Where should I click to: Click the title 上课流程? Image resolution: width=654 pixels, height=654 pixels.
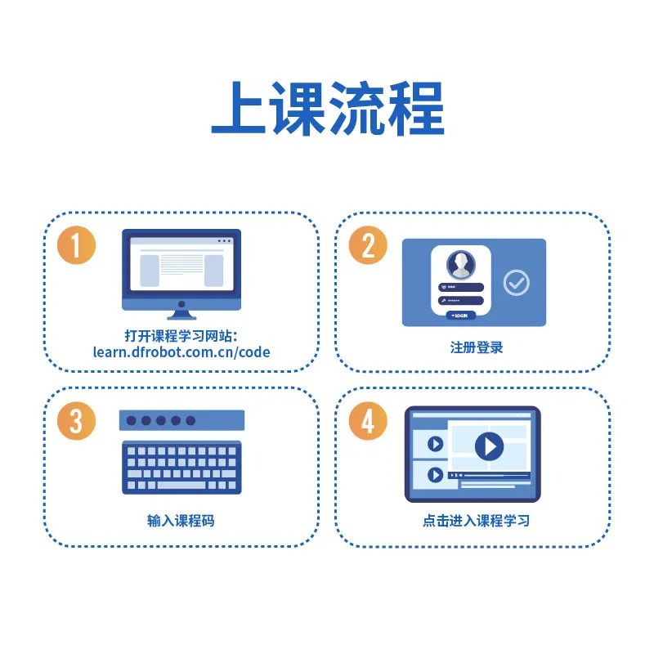[327, 109]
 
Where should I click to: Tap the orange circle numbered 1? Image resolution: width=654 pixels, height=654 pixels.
[76, 246]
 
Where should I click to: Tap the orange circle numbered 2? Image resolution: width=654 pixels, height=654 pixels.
[368, 246]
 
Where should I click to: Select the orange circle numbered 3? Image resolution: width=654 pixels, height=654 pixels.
[76, 422]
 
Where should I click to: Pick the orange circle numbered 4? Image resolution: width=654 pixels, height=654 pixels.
[368, 422]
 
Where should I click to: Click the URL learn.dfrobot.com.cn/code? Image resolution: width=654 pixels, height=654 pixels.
[181, 353]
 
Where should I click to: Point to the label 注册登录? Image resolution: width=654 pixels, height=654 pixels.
[477, 347]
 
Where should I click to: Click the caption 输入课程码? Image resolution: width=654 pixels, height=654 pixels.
[181, 521]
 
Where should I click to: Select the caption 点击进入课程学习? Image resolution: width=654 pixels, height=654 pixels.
[477, 521]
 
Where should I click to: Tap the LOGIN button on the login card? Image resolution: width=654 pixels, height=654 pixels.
[461, 315]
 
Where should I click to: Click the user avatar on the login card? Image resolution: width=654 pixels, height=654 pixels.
[461, 264]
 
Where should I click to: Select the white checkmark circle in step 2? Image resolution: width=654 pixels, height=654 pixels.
[516, 283]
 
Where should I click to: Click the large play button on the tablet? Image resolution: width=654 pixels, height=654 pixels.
[489, 446]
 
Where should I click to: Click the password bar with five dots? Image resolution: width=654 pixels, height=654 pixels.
[181, 420]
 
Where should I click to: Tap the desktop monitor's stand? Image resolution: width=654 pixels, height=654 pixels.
[181, 311]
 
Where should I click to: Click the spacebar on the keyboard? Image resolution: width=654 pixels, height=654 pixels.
[181, 486]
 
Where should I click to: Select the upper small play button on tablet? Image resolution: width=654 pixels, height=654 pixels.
[435, 444]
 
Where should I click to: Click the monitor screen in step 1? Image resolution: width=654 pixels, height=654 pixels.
[181, 267]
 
